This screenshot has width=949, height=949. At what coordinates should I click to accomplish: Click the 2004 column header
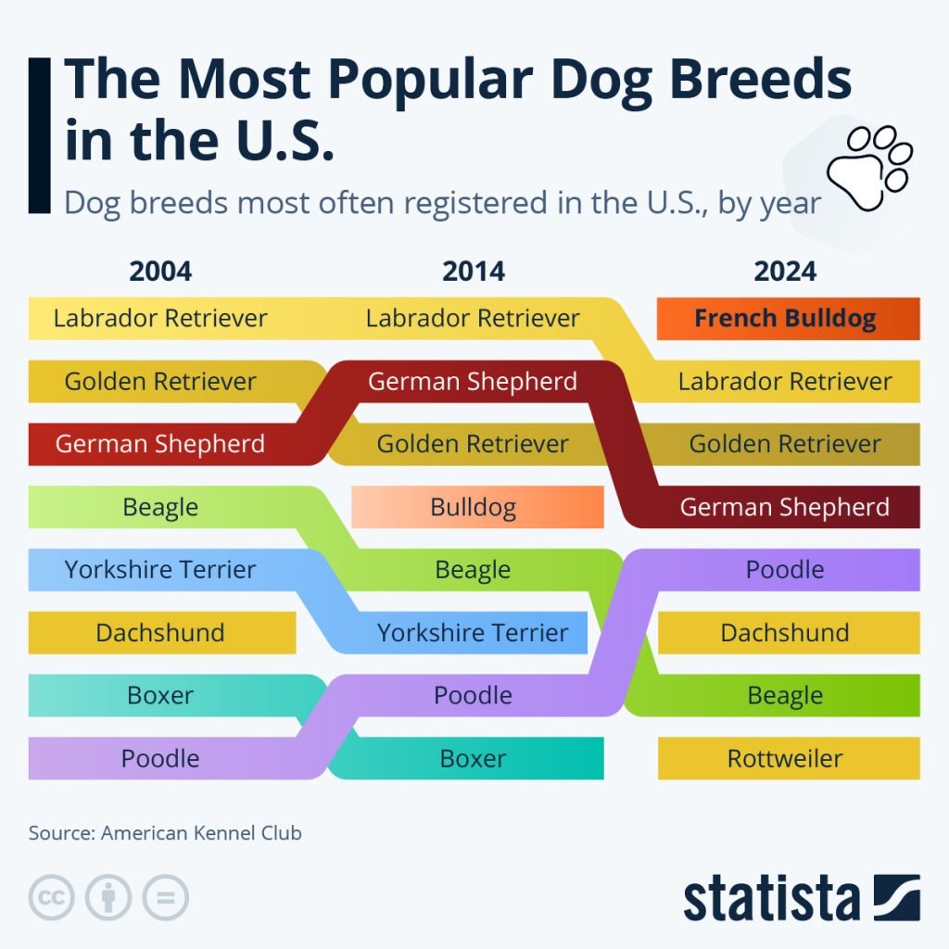pyautogui.click(x=160, y=271)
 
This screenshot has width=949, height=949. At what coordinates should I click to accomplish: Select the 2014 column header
pyautogui.click(x=474, y=271)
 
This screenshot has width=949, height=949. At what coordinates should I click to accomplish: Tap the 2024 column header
pyautogui.click(x=785, y=271)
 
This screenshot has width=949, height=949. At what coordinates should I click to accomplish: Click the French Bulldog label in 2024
pyautogui.click(x=786, y=319)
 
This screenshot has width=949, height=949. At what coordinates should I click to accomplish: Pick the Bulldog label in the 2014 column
pyautogui.click(x=474, y=507)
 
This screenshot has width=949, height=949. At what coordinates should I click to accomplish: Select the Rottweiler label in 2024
pyautogui.click(x=786, y=758)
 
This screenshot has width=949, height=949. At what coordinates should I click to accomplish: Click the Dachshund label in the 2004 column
pyautogui.click(x=160, y=633)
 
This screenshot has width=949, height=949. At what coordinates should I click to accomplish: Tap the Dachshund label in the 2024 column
pyautogui.click(x=786, y=633)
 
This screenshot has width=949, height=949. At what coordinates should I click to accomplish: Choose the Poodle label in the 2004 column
pyautogui.click(x=160, y=758)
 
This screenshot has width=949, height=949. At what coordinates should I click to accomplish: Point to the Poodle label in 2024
pyautogui.click(x=786, y=569)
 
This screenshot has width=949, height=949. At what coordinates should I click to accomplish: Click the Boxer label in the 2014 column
pyautogui.click(x=474, y=758)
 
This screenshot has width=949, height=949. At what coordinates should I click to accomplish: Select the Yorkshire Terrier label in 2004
pyautogui.click(x=160, y=569)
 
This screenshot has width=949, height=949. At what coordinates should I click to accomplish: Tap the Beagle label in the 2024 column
pyautogui.click(x=786, y=695)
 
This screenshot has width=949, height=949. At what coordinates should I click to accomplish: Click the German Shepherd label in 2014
pyautogui.click(x=474, y=381)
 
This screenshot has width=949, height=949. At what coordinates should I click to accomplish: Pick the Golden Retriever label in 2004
pyautogui.click(x=160, y=381)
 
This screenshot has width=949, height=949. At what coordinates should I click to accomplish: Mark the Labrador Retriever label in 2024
pyautogui.click(x=786, y=381)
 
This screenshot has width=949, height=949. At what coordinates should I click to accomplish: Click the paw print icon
pyautogui.click(x=868, y=168)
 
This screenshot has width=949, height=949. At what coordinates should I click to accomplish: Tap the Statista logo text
pyautogui.click(x=771, y=899)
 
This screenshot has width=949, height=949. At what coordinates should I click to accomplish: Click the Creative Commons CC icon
pyautogui.click(x=51, y=897)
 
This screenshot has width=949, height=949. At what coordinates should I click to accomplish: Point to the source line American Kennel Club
pyautogui.click(x=165, y=832)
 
